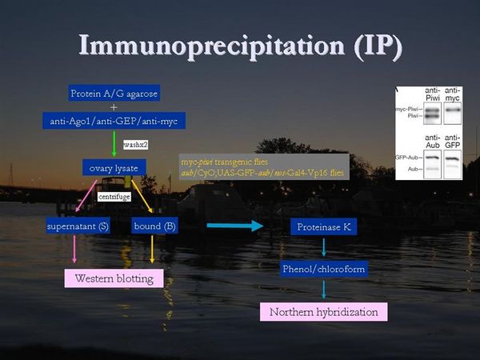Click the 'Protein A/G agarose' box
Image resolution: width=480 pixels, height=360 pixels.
(x=114, y=94)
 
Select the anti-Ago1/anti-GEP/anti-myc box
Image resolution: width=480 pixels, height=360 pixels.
(x=114, y=121)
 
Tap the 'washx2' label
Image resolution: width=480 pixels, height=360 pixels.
(x=134, y=144)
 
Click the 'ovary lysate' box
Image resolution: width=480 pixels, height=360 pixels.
(x=114, y=167)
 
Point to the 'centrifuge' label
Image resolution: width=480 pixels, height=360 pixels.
(x=114, y=195)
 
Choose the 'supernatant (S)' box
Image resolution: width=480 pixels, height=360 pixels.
(x=78, y=226)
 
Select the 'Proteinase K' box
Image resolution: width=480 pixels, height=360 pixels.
(x=323, y=227)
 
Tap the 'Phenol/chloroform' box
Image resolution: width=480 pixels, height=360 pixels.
(x=323, y=269)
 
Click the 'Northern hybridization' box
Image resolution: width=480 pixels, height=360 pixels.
(x=323, y=311)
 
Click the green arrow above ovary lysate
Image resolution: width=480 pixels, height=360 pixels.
(x=114, y=144)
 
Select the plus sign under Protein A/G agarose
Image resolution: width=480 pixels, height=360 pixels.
(x=114, y=107)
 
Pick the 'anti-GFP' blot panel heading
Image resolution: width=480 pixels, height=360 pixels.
(x=452, y=143)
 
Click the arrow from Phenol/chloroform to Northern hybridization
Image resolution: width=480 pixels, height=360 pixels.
(x=323, y=290)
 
